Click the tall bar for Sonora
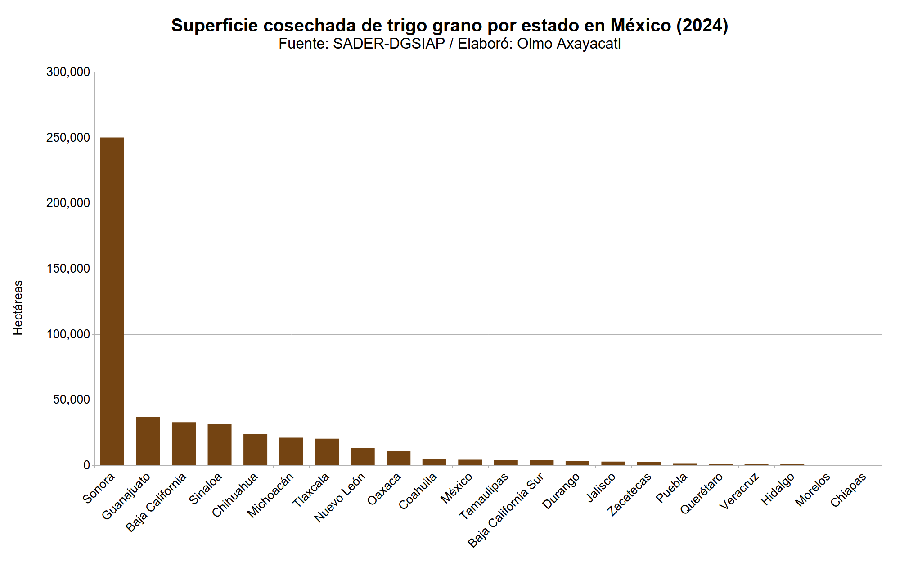112,301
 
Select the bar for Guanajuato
148,441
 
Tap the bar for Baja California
184,444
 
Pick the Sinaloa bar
220,445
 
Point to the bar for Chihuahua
255,450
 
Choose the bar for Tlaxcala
327,452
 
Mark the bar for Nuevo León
363,456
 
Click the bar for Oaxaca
398,458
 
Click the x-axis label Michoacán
270,495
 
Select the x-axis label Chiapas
848,490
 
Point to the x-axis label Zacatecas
629,495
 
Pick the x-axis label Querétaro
702,493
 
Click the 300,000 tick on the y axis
68,72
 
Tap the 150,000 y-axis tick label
68,269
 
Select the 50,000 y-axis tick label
71,400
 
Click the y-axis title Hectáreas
18,308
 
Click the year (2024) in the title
702,26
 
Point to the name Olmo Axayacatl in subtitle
569,44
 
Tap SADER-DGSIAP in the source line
389,44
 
